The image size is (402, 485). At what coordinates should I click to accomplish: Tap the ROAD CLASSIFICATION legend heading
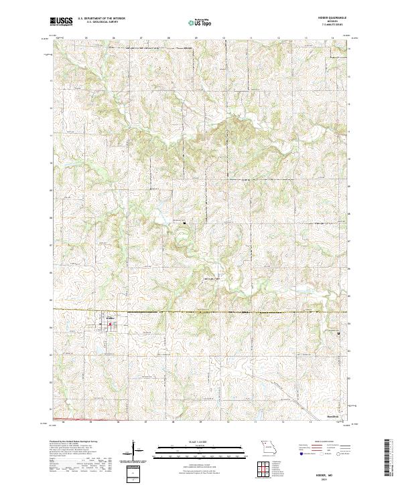click(318, 442)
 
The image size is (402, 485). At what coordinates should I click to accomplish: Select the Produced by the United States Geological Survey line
click(74, 443)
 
